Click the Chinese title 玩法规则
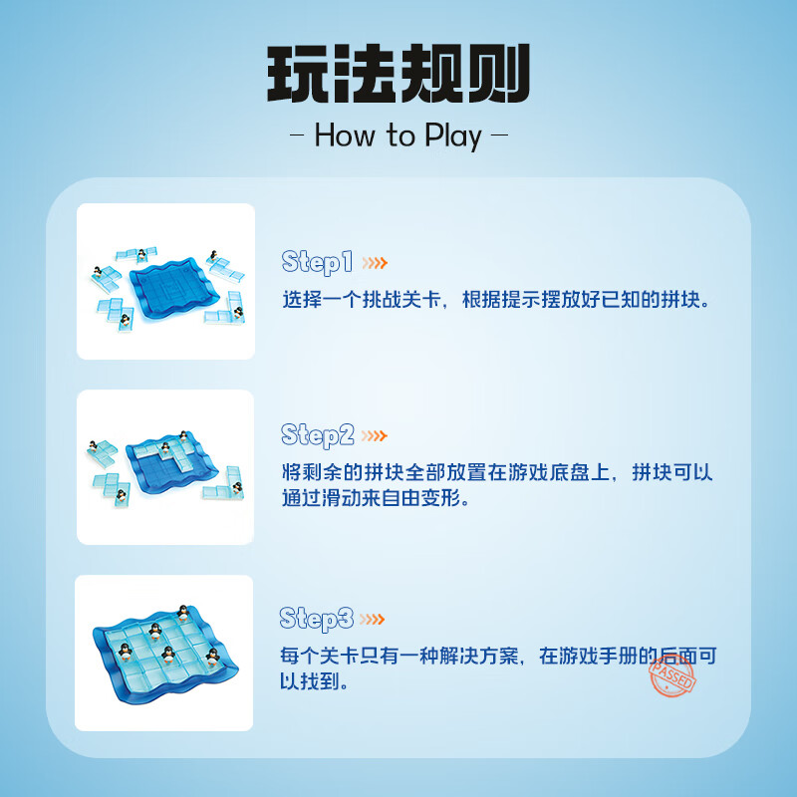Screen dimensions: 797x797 398,75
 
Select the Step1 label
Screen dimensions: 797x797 318,262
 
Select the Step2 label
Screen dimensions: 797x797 318,435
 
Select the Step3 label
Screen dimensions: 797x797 318,619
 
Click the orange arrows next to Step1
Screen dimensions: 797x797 375,263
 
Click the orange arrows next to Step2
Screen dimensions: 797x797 375,436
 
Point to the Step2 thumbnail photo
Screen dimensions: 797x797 165,467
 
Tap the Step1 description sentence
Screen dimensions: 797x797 497,299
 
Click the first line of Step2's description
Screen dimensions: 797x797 497,472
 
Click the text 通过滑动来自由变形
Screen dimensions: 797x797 375,497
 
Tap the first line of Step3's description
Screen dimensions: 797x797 497,657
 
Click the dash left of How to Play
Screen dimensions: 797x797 296,136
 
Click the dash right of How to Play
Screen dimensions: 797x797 501,136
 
